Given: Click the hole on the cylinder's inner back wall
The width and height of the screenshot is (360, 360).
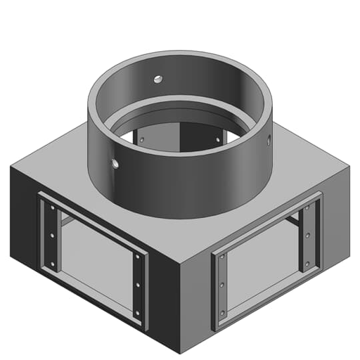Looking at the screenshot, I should coord(157,78).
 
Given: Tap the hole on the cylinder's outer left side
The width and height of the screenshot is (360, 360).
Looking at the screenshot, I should coord(115,163).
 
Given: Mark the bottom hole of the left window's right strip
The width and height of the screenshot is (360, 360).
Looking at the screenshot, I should coord(138,311).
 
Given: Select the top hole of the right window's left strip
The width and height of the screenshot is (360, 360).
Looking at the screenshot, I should coord(221,259).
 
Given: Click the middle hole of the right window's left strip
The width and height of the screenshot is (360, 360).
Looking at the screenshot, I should coord(222,285).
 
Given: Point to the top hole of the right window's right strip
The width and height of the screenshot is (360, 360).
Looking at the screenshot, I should coord(308,209).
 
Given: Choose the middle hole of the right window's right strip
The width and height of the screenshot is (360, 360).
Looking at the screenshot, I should coord(308,235).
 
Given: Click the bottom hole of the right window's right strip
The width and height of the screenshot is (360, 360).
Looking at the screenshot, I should coord(307,262).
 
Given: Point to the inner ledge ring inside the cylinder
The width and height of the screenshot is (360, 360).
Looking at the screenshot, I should coord(179,112).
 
